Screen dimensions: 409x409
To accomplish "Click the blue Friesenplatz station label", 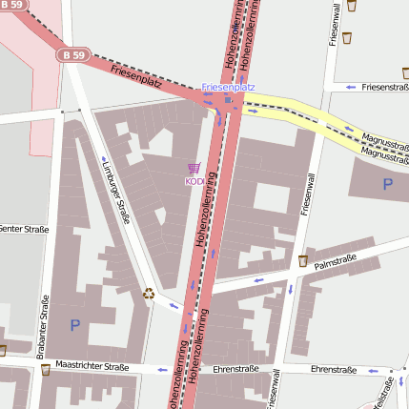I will point(228,87).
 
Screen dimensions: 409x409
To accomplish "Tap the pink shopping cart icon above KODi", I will point(194,168).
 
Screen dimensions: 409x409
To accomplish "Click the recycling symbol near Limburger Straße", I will point(148,294).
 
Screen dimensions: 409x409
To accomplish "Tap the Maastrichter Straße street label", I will point(92,366).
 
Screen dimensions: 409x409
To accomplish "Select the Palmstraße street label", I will point(335,259).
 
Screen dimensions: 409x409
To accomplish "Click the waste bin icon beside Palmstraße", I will point(302,261).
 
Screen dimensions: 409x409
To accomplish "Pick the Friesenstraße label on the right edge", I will point(385,87).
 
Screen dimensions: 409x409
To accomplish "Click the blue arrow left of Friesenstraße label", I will point(350,87).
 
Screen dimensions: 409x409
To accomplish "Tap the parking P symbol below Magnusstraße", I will point(387,184).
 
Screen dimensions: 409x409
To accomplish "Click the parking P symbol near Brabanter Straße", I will point(75,325).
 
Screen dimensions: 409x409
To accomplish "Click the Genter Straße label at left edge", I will point(23,228).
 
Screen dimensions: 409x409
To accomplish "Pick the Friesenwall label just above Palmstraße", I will point(306,191).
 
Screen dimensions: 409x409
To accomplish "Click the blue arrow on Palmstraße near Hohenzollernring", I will point(257,280).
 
